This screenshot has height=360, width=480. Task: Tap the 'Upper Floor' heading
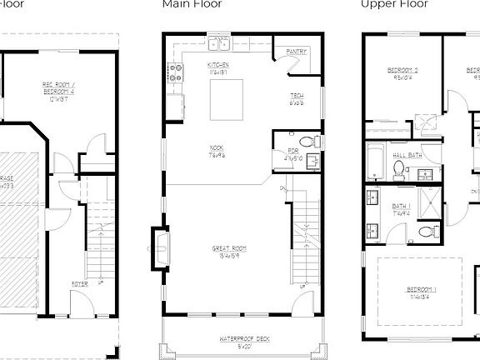(394, 4)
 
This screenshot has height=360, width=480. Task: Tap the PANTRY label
(296, 52)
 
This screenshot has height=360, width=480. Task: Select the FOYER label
(80, 284)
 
